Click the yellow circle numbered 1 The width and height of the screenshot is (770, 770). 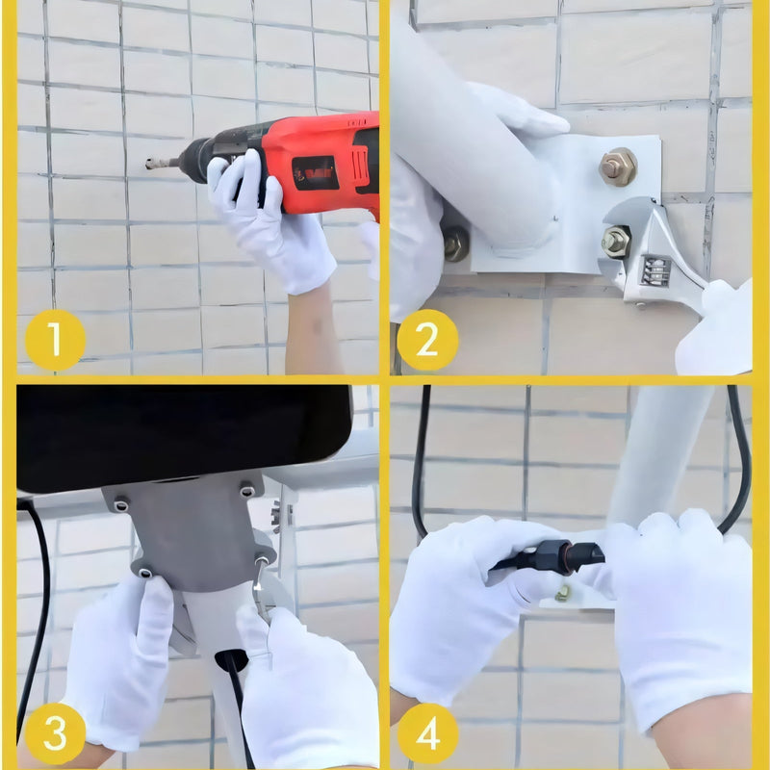[x=55, y=340]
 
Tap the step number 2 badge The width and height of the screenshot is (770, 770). [x=427, y=340]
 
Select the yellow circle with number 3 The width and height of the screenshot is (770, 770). [x=55, y=733]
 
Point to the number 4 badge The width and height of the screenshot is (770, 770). [x=427, y=733]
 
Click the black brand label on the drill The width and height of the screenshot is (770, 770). [x=316, y=173]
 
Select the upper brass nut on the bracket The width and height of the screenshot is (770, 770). [x=618, y=167]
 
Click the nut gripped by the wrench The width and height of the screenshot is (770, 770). [x=616, y=241]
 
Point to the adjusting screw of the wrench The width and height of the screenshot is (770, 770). [x=655, y=271]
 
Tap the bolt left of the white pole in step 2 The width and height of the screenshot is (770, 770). [x=456, y=244]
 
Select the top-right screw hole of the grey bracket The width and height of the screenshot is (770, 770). [x=247, y=491]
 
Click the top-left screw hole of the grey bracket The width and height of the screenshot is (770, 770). [x=121, y=504]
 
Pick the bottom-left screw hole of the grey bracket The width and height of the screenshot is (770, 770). [x=145, y=573]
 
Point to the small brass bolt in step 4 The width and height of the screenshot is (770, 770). [x=563, y=593]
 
